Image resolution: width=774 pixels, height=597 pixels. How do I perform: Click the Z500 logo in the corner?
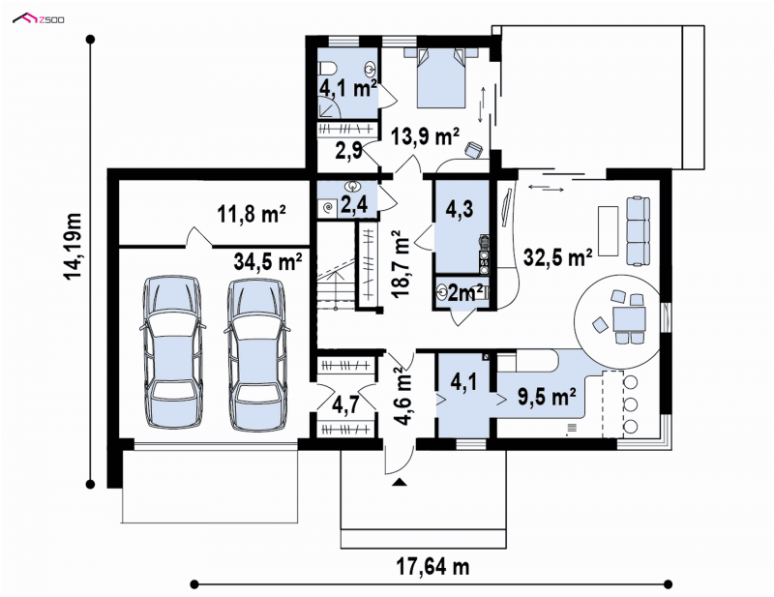click(38, 19)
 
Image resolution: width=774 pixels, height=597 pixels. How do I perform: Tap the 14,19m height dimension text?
click(74, 246)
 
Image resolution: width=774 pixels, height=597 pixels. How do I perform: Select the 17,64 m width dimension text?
click(432, 567)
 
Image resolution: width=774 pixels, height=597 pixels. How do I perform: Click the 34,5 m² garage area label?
click(268, 261)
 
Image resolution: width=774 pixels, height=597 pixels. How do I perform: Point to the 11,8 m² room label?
click(252, 215)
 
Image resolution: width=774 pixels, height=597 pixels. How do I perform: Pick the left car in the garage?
click(172, 352)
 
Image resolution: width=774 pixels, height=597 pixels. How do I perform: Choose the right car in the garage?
click(256, 354)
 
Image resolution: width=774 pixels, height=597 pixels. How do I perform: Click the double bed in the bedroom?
click(441, 77)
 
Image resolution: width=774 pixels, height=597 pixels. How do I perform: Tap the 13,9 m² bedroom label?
click(425, 136)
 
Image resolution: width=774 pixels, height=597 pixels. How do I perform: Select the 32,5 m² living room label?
click(558, 257)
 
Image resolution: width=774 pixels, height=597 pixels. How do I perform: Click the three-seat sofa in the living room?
click(638, 230)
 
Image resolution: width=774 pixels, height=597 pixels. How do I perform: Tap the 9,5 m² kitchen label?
click(547, 396)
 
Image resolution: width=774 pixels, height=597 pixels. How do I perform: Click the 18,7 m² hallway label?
click(401, 265)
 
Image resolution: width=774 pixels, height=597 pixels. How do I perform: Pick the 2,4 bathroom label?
click(354, 205)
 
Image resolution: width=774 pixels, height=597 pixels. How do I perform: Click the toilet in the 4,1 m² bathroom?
click(327, 68)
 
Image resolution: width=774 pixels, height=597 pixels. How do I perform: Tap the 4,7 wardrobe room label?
click(345, 404)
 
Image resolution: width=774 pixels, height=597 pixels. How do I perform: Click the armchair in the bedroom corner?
click(474, 150)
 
